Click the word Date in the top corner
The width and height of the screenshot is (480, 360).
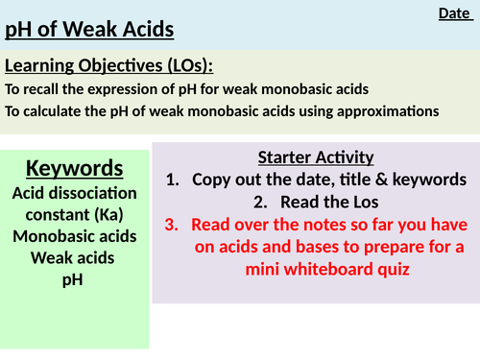[454, 12]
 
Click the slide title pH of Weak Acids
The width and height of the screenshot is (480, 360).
[89, 31]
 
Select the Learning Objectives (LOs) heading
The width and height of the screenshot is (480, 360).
[108, 66]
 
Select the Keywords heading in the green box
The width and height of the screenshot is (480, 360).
[75, 169]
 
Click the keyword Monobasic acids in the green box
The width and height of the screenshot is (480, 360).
[75, 236]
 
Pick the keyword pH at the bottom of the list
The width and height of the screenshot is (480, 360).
[74, 280]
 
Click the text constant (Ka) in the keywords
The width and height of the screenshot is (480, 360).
[75, 214]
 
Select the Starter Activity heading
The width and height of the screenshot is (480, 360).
[316, 157]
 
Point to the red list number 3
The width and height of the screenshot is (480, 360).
[171, 225]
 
